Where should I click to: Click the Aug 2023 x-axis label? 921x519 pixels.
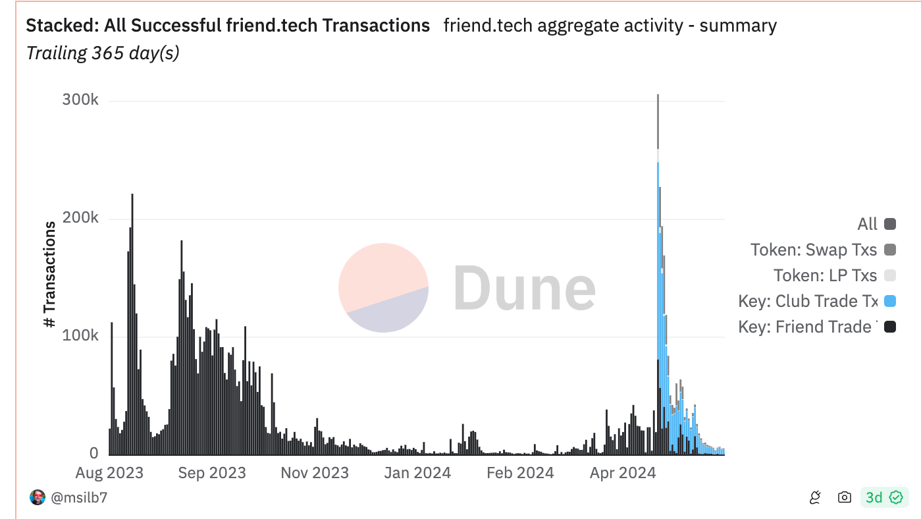pyautogui.click(x=109, y=473)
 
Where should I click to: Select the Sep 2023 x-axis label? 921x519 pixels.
pyautogui.click(x=212, y=473)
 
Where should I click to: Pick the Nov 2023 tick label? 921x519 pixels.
pyautogui.click(x=315, y=473)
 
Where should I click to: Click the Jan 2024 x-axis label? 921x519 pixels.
pyautogui.click(x=417, y=473)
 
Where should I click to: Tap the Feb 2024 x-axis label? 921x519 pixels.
pyautogui.click(x=520, y=473)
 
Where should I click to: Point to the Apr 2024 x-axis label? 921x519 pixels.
pyautogui.click(x=623, y=473)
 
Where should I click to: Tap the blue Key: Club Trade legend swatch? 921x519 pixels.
pyautogui.click(x=890, y=301)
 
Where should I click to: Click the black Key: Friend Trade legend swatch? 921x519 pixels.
pyautogui.click(x=890, y=327)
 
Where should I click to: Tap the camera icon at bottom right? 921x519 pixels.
pyautogui.click(x=845, y=498)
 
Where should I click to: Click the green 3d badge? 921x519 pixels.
pyautogui.click(x=884, y=497)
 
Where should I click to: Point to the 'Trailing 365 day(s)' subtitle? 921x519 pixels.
pyautogui.click(x=103, y=53)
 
